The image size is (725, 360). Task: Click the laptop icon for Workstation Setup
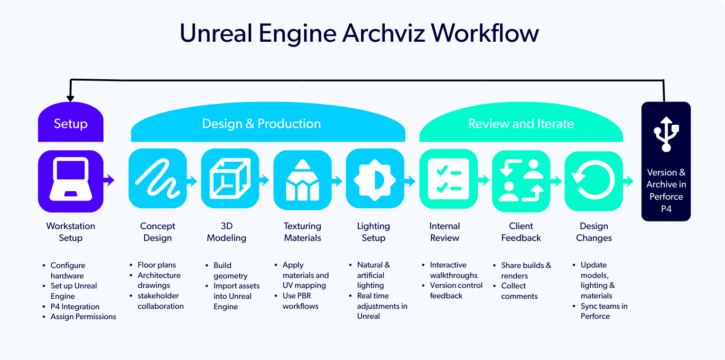tap(71, 181)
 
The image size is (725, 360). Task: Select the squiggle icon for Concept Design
tap(158, 178)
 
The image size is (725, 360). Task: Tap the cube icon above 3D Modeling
tap(230, 178)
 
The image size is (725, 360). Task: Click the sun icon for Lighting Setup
tap(374, 180)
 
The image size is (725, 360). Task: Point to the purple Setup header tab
tap(71, 124)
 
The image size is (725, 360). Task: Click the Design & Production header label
tap(261, 124)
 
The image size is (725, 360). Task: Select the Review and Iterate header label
tap(521, 124)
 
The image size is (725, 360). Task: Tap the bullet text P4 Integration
tap(75, 306)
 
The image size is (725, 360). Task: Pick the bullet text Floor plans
tap(157, 265)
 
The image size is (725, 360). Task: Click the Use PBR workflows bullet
tap(300, 301)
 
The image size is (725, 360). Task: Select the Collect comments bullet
tap(519, 291)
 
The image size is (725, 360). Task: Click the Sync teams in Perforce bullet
tap(604, 311)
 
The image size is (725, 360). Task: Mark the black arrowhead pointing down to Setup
tap(70, 98)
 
